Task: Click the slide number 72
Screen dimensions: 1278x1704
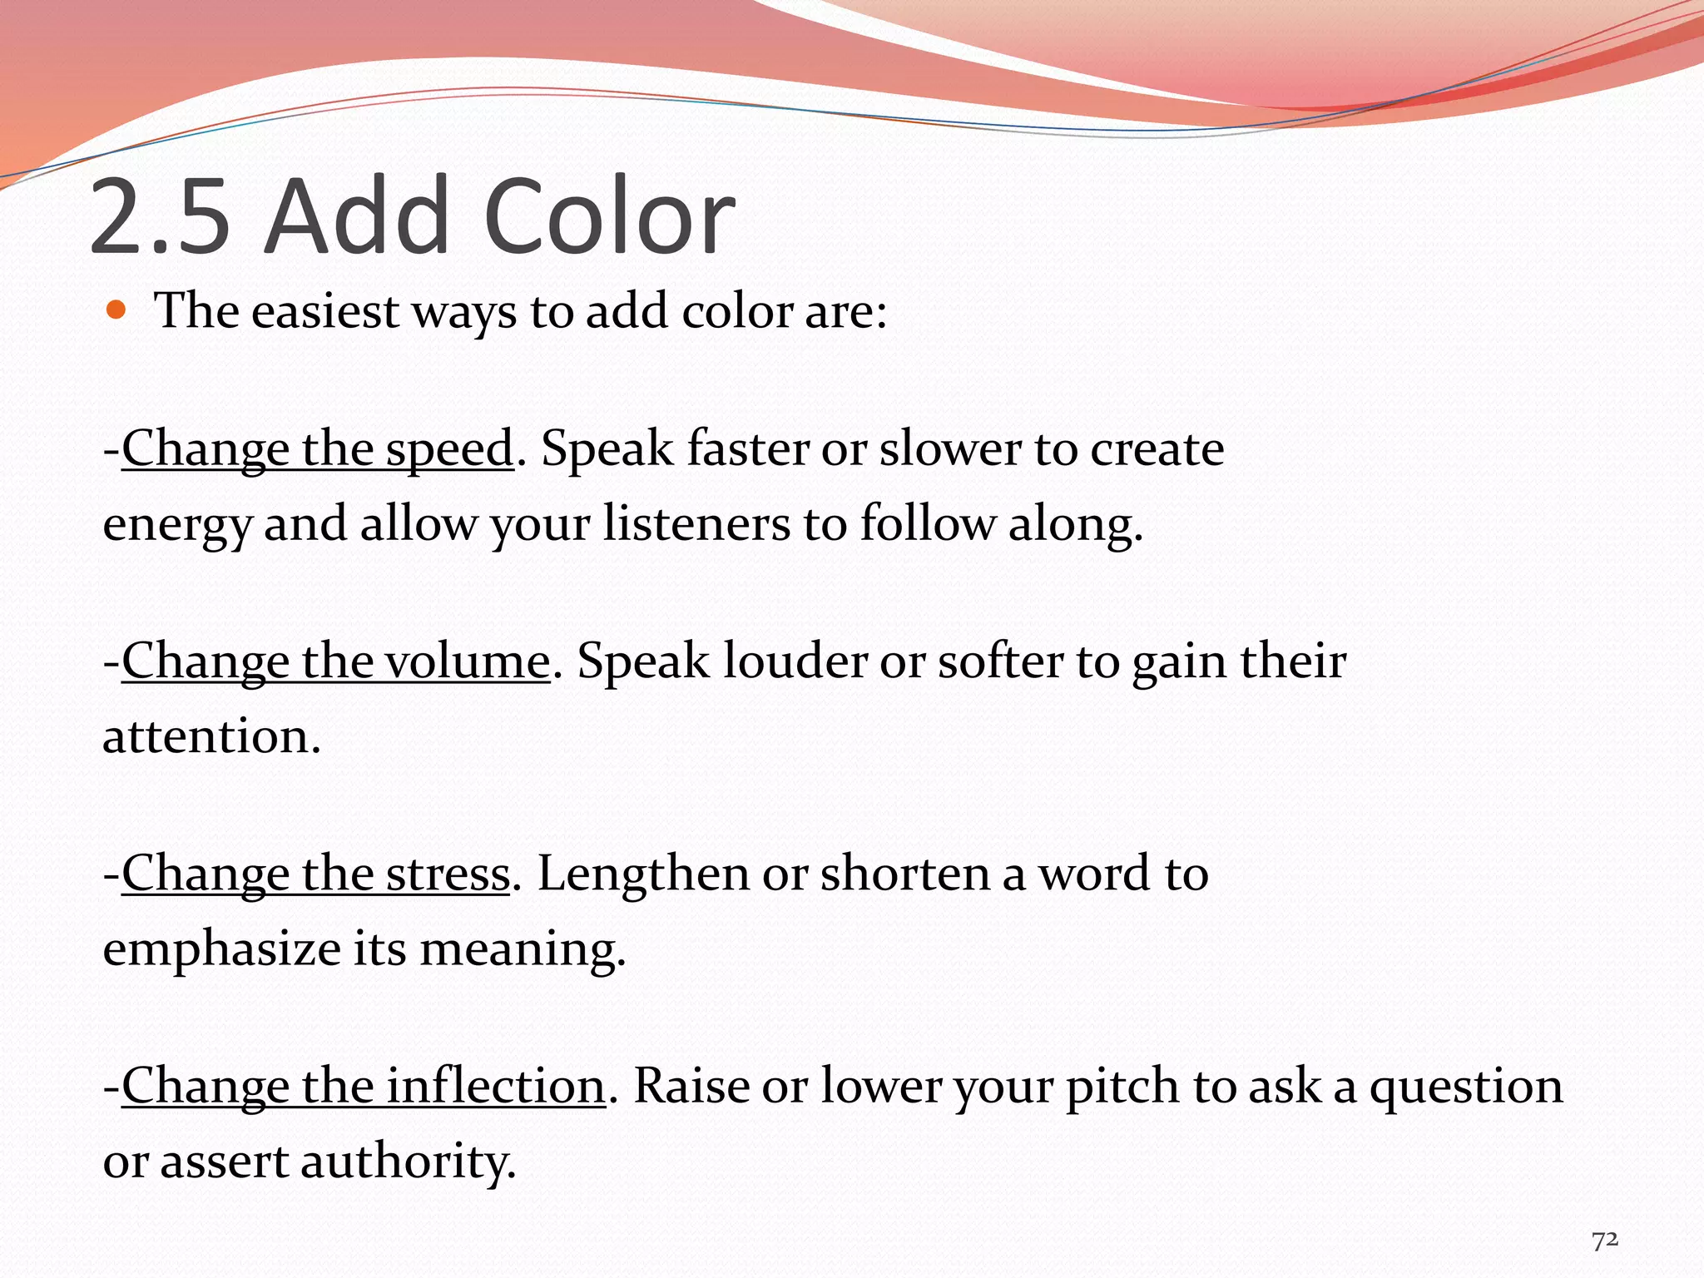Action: pyautogui.click(x=1605, y=1240)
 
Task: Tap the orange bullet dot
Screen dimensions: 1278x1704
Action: pyautogui.click(x=116, y=311)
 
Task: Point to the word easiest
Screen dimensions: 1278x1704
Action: pyautogui.click(x=324, y=311)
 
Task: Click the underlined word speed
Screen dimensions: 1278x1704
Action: pyautogui.click(x=449, y=449)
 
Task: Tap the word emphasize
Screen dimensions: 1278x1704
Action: pyautogui.click(x=221, y=949)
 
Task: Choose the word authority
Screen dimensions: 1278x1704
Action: pyautogui.click(x=408, y=1162)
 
